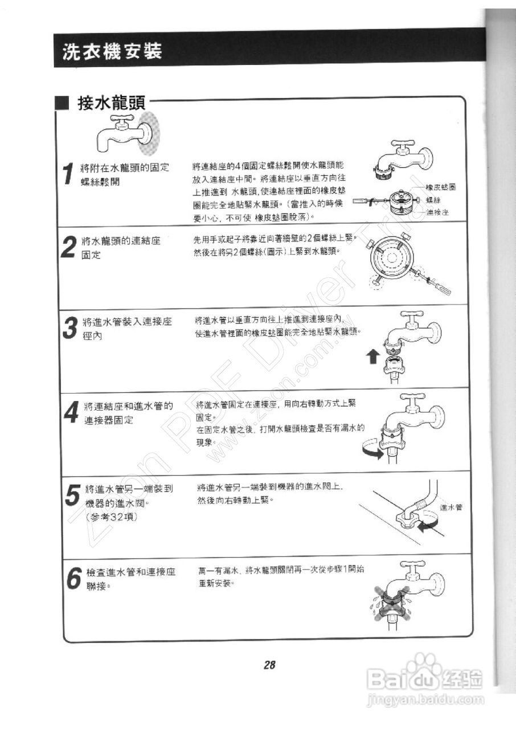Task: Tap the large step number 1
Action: point(69,173)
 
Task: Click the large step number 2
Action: point(69,247)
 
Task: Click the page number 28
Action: point(269,665)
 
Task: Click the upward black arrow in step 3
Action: point(373,357)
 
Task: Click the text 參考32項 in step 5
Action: point(110,517)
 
